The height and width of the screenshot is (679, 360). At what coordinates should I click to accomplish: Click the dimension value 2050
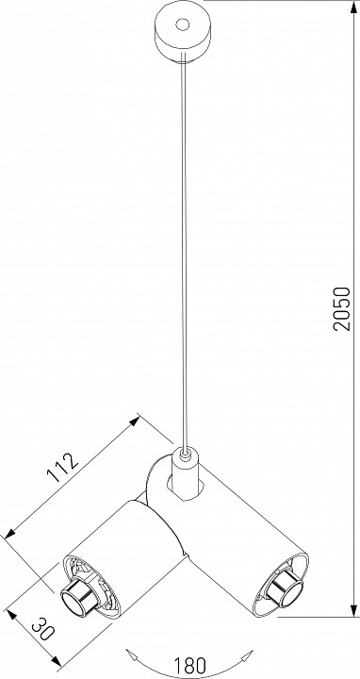(x=341, y=308)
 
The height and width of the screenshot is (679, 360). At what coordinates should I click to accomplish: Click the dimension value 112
(x=63, y=468)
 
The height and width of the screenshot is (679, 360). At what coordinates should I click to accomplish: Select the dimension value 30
(x=42, y=629)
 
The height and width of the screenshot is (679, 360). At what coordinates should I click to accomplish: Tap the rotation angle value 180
(x=189, y=665)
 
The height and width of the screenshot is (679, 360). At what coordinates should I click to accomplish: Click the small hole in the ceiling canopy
(x=182, y=25)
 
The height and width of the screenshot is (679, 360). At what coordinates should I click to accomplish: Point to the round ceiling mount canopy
(x=182, y=33)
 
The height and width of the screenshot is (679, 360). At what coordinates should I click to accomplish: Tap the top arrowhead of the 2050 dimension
(x=353, y=6)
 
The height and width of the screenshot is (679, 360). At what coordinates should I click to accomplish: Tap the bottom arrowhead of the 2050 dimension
(x=353, y=610)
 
